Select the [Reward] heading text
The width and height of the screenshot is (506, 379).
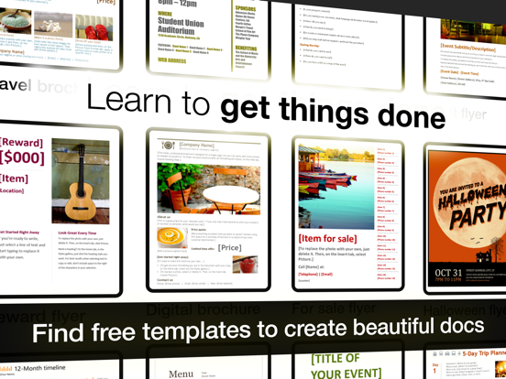tap(21, 141)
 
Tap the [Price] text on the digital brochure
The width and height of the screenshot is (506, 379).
tap(230, 248)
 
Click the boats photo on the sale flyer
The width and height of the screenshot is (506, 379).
tap(336, 196)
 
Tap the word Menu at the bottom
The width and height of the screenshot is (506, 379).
tap(181, 374)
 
